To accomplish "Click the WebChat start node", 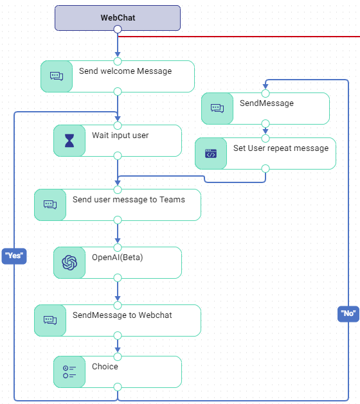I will point(117,17).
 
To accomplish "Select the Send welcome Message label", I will point(125,71).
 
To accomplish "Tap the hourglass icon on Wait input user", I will point(69,141).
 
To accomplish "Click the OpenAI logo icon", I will point(69,263).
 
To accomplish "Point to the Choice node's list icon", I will point(69,372).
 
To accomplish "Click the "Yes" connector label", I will point(14,256).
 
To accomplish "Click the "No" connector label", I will point(348,313).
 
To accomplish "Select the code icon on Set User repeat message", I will point(211,154).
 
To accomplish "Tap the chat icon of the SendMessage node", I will point(217,109).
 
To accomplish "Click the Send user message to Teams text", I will point(129,200).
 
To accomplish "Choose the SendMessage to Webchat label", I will point(122,315).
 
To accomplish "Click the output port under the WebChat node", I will point(117,30).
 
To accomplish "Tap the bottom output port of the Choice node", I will point(117,387).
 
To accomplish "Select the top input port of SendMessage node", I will point(265,93).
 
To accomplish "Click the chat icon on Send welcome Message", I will point(57,76).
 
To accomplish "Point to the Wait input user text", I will point(120,136).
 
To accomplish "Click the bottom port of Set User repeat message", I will point(265,168).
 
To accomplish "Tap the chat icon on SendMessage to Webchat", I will point(50,321).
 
